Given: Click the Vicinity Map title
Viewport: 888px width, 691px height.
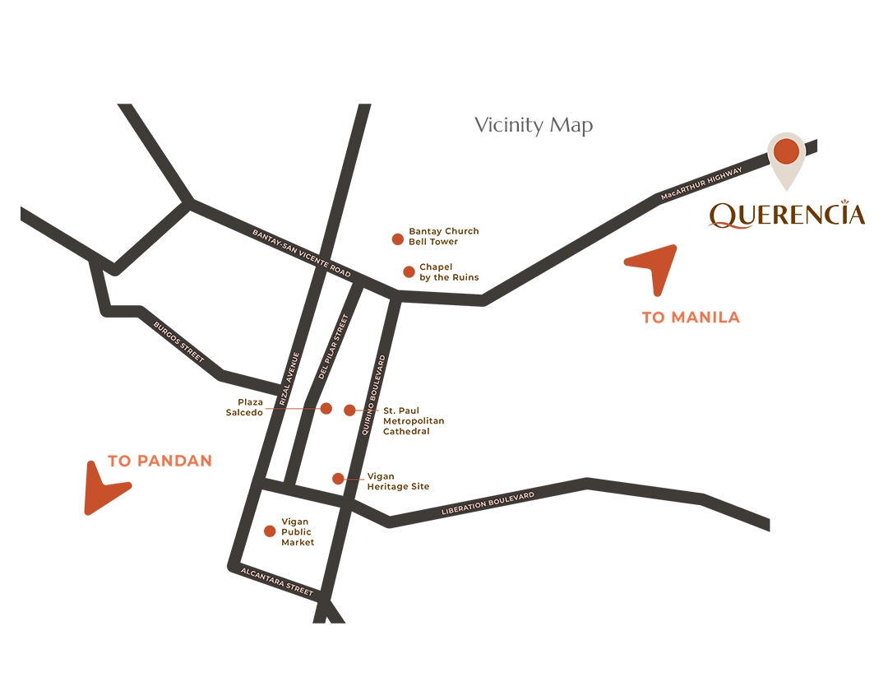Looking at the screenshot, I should tap(534, 126).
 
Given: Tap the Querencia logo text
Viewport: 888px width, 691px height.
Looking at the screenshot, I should tap(787, 215).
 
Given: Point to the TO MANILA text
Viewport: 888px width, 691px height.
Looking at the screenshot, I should tap(691, 318).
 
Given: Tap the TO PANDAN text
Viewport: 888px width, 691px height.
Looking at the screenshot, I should tap(160, 461).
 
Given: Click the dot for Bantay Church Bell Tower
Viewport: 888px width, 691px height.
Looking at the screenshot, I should tap(398, 239).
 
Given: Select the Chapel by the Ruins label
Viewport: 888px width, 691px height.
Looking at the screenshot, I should tap(449, 272).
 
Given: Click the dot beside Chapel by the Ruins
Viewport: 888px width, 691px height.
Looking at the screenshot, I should tap(409, 271).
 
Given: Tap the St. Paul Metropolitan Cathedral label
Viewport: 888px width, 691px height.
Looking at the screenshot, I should tap(414, 420).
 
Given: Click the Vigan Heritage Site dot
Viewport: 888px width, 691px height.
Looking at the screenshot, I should tap(338, 479).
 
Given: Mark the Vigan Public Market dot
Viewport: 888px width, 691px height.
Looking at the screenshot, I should tap(270, 531).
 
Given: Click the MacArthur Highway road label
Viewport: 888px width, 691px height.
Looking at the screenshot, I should tap(701, 184).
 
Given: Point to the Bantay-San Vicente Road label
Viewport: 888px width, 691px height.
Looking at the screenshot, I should tap(302, 253).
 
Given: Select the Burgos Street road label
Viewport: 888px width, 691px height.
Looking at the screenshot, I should tap(178, 341).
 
